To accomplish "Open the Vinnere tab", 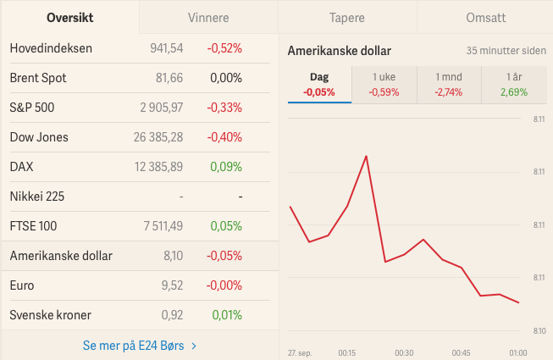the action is [x=208, y=18].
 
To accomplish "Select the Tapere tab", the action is [x=347, y=18].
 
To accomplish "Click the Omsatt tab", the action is [x=486, y=18].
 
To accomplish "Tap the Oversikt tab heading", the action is [x=69, y=18].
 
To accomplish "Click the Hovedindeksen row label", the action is [x=51, y=48].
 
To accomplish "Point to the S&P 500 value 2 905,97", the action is [x=162, y=108].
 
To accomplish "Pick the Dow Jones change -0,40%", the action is [x=224, y=137].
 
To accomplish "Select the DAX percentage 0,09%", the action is [x=226, y=167].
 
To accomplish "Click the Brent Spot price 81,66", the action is [x=169, y=78].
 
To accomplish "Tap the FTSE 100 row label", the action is [x=33, y=226].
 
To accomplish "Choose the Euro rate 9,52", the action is [x=173, y=285].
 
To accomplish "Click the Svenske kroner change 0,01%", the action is [x=227, y=315].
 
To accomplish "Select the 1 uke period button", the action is [x=384, y=85].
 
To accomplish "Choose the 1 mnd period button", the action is [x=449, y=85].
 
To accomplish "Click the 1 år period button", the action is [x=514, y=85].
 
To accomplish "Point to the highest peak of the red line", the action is [x=367, y=156].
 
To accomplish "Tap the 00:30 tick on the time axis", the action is [x=404, y=353].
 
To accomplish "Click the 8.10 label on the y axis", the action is [x=539, y=331].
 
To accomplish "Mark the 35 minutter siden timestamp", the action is [x=506, y=51].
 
